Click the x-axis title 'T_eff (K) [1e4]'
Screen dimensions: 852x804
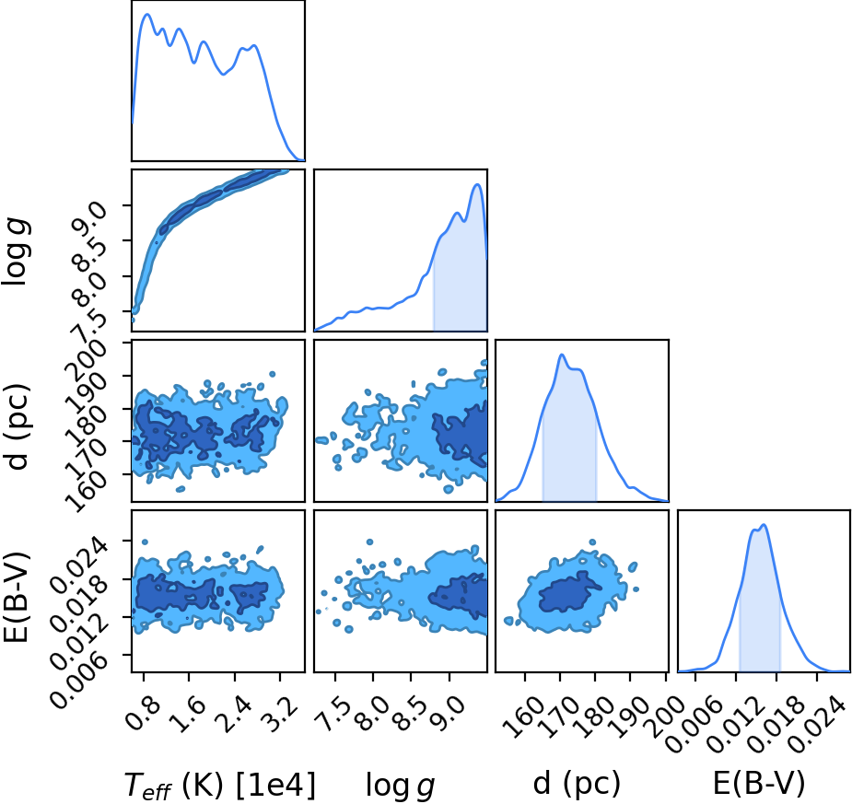220,785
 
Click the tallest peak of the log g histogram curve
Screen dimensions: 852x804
478,185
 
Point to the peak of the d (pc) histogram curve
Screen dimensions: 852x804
562,355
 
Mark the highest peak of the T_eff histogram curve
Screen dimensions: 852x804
146,14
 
